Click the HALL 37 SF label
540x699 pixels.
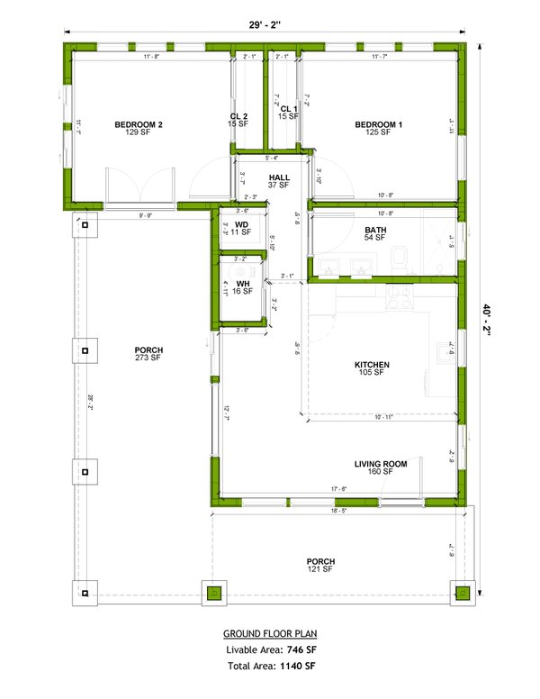coord(278,180)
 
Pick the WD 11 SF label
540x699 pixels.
coord(241,228)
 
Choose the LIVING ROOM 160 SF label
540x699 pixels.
coord(381,468)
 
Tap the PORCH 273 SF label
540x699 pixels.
coord(148,354)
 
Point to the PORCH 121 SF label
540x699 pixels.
coord(321,565)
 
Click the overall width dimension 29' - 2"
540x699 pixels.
coord(265,24)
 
